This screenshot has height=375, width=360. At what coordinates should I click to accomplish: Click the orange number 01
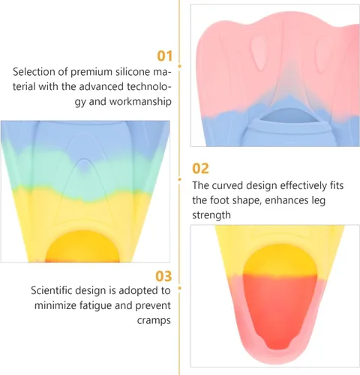[x=165, y=55]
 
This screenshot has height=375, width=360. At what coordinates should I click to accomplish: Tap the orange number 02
[x=200, y=168]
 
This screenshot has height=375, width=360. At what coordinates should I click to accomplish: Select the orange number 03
[x=163, y=276]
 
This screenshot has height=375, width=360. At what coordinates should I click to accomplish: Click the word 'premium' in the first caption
[x=91, y=72]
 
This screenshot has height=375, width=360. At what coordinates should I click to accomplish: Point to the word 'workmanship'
[x=140, y=101]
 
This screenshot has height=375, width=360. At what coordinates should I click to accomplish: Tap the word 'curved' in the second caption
[x=227, y=185]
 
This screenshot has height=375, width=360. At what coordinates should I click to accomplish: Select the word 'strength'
[x=211, y=215]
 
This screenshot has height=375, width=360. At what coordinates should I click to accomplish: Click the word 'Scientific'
[x=52, y=290]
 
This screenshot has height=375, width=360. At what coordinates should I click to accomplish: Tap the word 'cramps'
[x=154, y=320]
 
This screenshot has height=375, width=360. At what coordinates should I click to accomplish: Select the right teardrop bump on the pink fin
[x=323, y=54]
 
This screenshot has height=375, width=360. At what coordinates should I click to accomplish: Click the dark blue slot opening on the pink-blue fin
[x=289, y=116]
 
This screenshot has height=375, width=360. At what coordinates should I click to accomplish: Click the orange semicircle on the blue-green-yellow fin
[x=82, y=246]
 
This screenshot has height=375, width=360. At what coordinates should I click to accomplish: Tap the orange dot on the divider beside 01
[x=179, y=66]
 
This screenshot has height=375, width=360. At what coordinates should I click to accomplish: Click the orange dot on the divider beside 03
[x=179, y=288]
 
